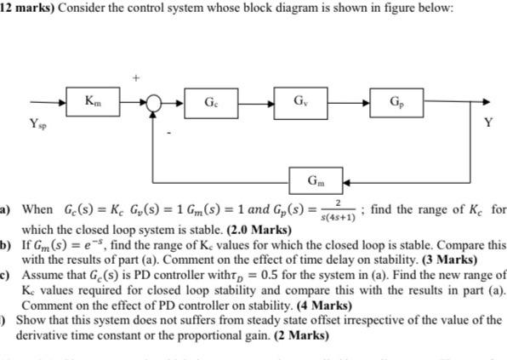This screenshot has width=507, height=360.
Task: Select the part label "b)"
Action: tap(5, 243)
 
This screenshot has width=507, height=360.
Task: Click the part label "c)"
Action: tap(5, 276)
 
